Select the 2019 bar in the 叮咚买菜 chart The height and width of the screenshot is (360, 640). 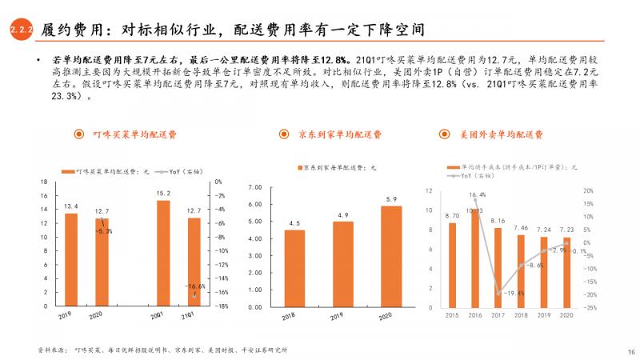pos(72,259)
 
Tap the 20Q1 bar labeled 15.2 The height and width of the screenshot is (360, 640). pos(163,253)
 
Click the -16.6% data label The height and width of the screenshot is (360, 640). pos(195,286)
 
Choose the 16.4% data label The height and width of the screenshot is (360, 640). pos(478,195)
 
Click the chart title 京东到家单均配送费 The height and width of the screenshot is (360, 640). pos(339,134)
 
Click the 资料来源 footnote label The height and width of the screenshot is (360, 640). pos(51,350)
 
